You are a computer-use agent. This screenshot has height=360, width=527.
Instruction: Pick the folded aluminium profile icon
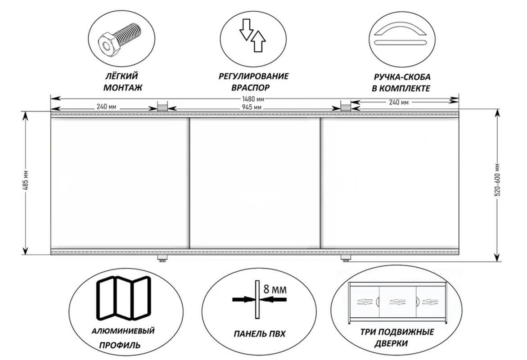coord(123,298)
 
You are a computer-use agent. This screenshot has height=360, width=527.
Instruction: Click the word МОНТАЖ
coord(123,88)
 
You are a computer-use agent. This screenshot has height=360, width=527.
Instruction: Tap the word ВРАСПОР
coord(251,88)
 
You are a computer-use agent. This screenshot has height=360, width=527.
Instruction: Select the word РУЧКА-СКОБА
coord(402,77)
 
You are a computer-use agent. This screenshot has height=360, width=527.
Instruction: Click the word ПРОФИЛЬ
coord(120,345)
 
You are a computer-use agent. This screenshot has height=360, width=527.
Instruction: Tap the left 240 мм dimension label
coord(106,107)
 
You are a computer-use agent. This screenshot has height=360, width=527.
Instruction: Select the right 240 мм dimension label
coord(399,102)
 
